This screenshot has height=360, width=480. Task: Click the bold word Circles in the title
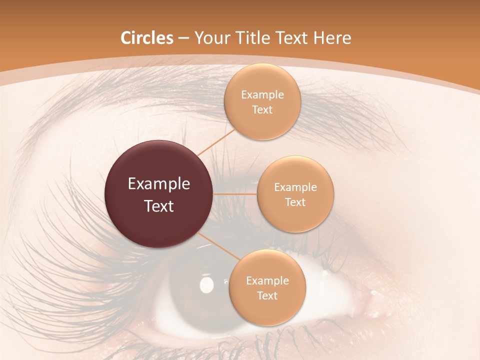coord(147,38)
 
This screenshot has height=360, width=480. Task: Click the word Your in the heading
coord(210,38)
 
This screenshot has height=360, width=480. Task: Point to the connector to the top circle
coord(216,141)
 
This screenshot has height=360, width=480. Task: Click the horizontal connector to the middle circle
coord(235,194)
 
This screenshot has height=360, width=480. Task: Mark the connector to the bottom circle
coord(220,247)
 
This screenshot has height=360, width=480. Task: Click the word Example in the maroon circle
coord(159,184)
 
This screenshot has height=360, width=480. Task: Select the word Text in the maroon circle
coord(159,206)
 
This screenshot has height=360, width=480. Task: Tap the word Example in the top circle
coord(262,95)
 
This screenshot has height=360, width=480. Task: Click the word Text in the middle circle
coord(295,202)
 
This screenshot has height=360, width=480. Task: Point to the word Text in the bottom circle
coord(267,295)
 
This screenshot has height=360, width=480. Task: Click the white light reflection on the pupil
coord(206,285)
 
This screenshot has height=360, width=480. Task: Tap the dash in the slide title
coord(183,38)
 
